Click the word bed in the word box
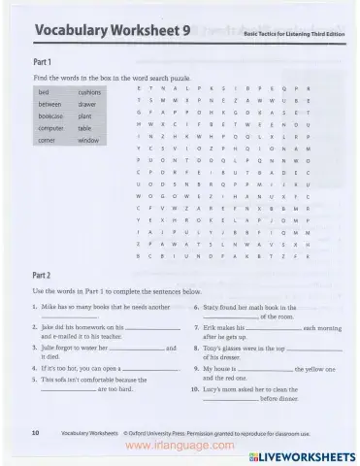coord(44,90)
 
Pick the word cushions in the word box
coord(90,90)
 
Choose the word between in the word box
coord(50,103)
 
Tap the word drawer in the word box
coord(87,103)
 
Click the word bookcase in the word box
coord(51,116)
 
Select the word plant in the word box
coord(85,116)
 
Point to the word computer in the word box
coord(51,128)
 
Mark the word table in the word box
coord(85,128)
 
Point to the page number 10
coord(36,431)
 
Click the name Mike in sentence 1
coord(51,307)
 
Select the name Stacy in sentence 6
coord(214,307)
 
